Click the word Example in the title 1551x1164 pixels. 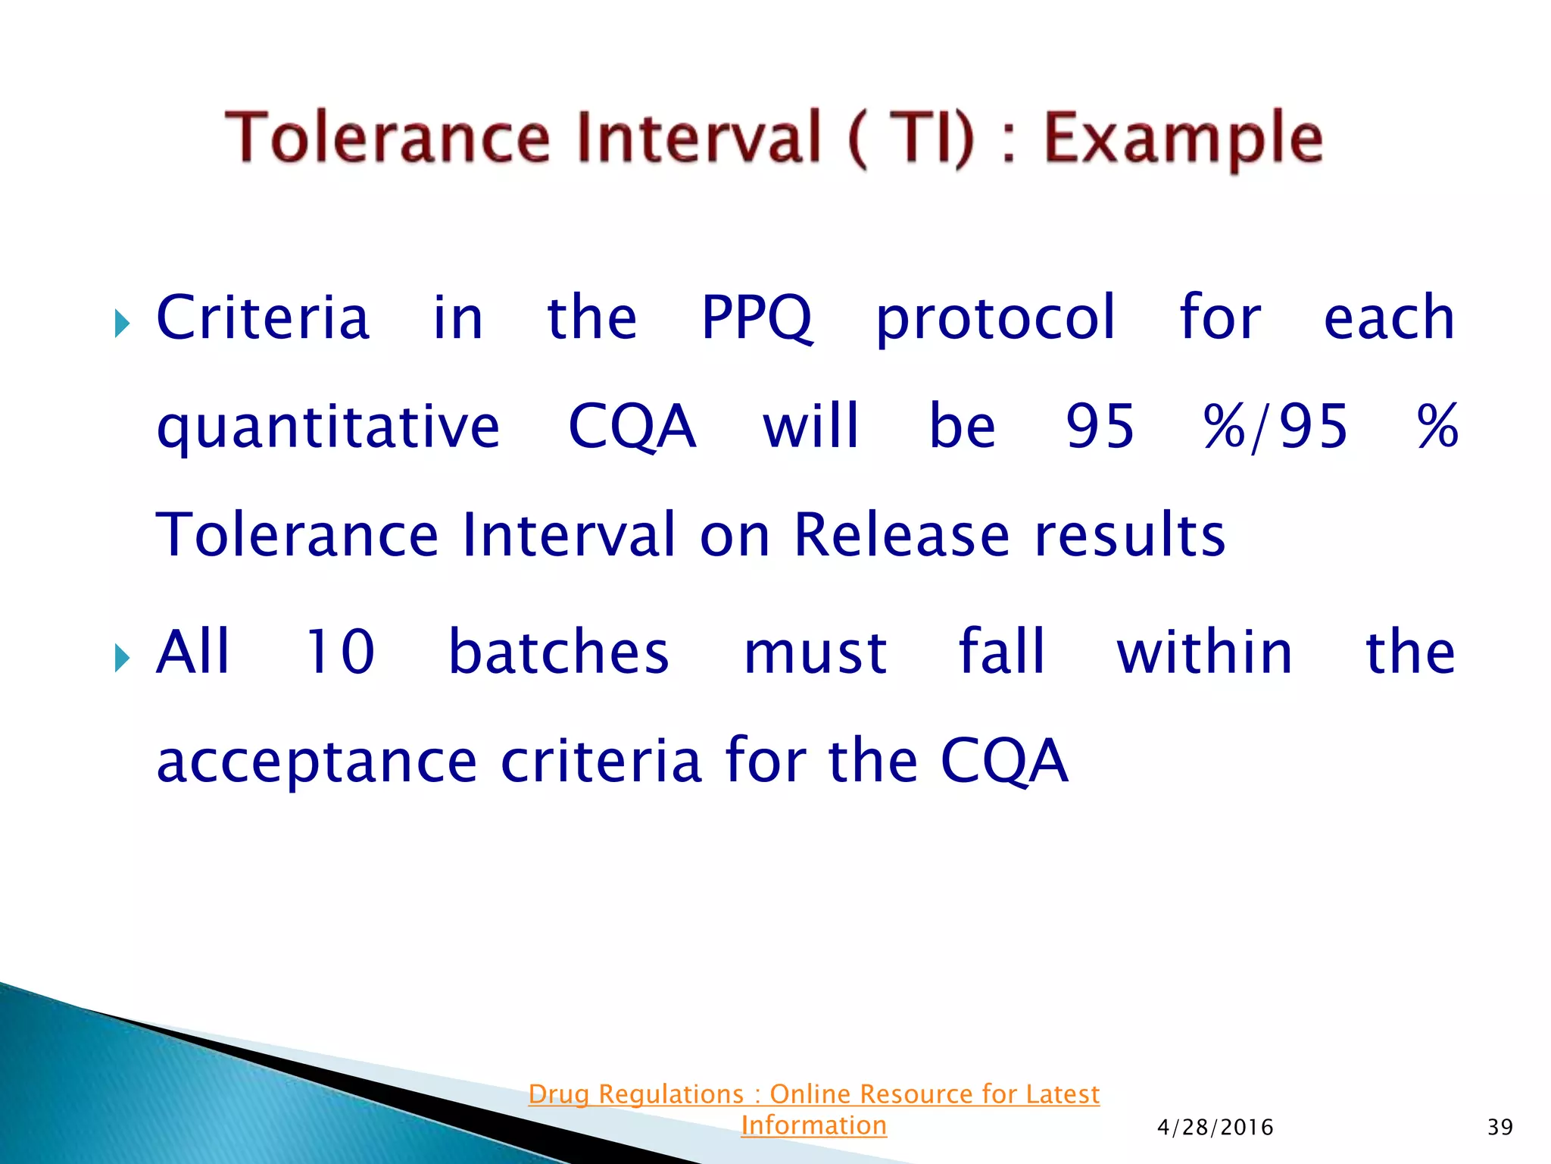1183,139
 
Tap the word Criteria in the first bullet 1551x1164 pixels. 263,318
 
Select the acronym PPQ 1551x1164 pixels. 757,318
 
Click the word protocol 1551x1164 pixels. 995,318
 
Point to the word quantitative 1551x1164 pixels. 328,427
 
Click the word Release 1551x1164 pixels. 901,535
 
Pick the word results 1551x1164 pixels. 1130,535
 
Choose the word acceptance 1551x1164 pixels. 317,761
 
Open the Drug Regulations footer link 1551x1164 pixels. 813,1094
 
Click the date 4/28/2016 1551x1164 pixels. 1215,1128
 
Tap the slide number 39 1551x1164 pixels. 1500,1128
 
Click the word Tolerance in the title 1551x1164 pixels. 387,138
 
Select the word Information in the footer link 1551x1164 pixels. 813,1125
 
